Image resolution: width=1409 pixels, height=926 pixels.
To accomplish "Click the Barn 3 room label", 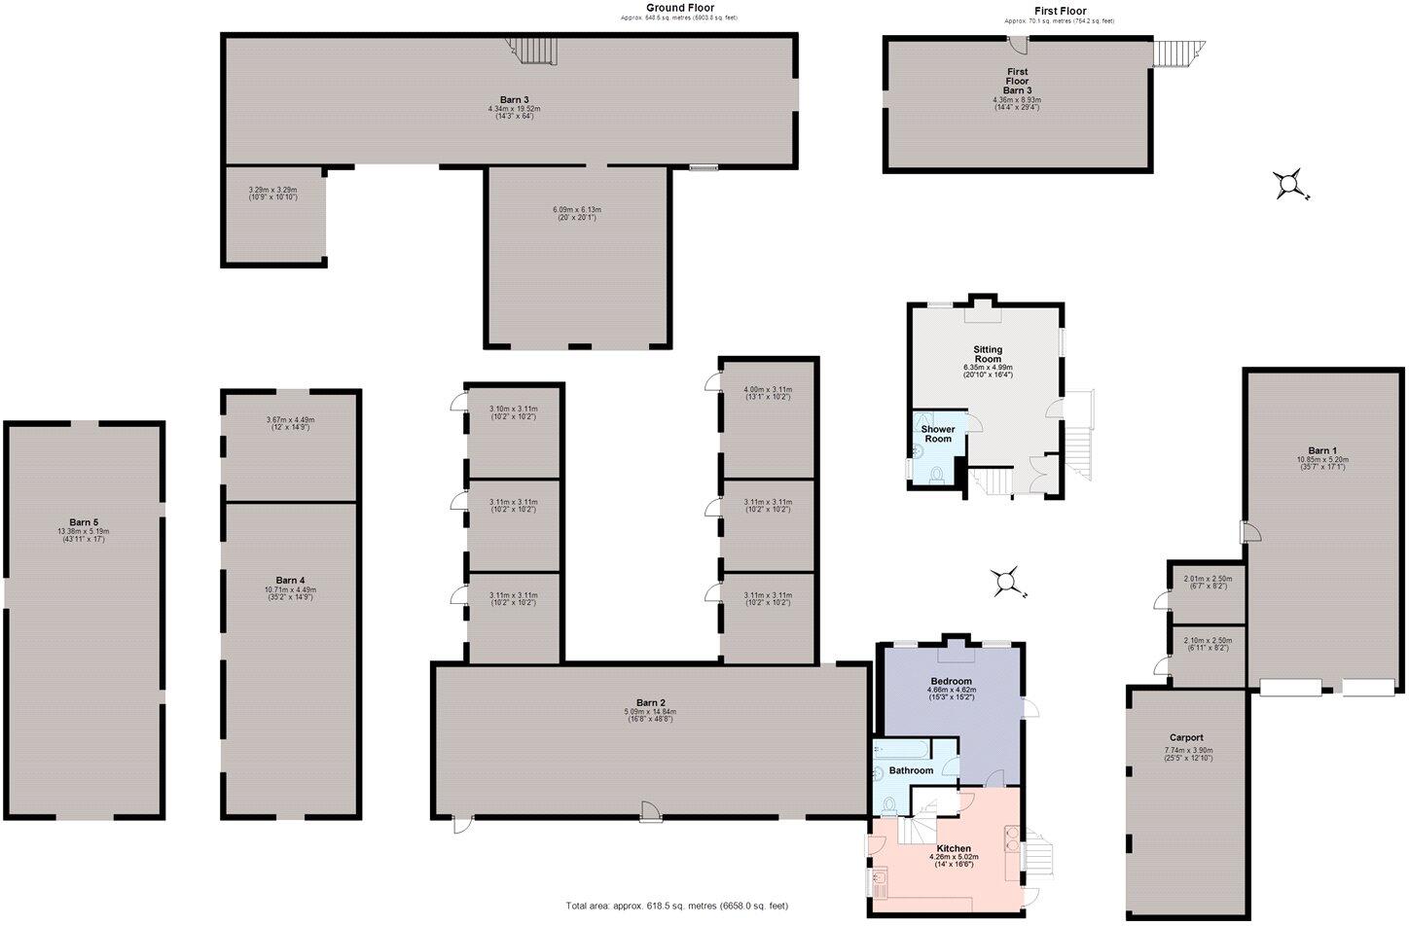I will [x=515, y=99].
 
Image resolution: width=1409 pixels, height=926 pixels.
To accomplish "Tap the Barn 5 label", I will [x=84, y=522].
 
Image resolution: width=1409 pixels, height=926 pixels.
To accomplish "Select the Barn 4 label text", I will [x=290, y=580].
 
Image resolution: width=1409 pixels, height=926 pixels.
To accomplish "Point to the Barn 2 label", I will [x=650, y=702].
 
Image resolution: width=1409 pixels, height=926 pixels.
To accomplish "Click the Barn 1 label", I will [x=1321, y=450].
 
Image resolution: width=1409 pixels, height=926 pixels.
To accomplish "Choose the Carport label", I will [x=1186, y=737].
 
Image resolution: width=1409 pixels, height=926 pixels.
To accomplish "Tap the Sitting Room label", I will [x=988, y=354].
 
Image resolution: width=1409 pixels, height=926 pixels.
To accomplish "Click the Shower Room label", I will [x=938, y=434].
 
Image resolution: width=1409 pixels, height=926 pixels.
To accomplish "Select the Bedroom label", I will [x=951, y=681].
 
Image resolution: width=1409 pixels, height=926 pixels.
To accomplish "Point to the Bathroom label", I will [x=911, y=770].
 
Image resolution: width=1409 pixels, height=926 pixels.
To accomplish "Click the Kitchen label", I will [x=953, y=848].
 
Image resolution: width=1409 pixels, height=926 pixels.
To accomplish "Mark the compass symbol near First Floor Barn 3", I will [x=1289, y=183].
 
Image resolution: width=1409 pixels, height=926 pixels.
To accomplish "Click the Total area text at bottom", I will [x=677, y=906].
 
